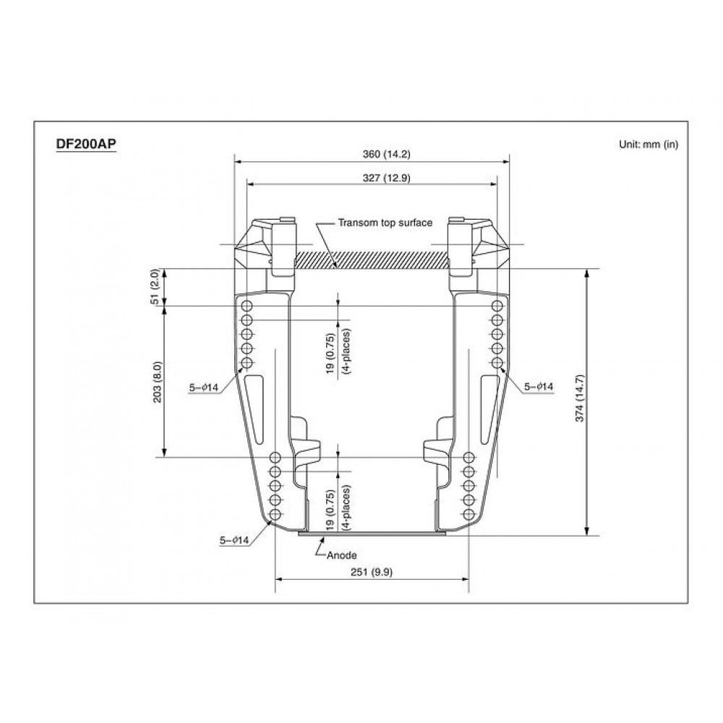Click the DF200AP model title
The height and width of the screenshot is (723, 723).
coord(86,144)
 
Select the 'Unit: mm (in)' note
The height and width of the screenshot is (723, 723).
coord(648,144)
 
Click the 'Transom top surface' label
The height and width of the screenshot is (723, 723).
coord(385,223)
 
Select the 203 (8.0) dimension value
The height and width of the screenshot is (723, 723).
coord(158,382)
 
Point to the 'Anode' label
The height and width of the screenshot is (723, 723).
coord(342,555)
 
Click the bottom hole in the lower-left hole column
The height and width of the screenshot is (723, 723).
coord(275,515)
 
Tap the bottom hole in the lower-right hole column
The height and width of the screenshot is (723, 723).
coord(469,515)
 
